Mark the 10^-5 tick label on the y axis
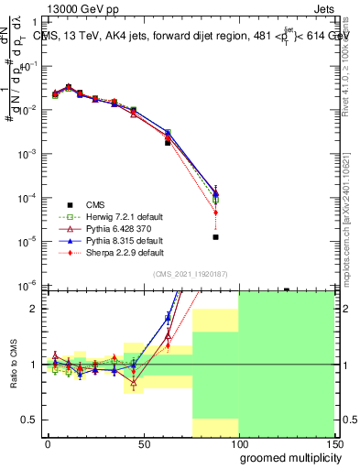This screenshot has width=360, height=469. point(27,241)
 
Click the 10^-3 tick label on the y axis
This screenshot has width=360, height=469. point(27,153)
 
